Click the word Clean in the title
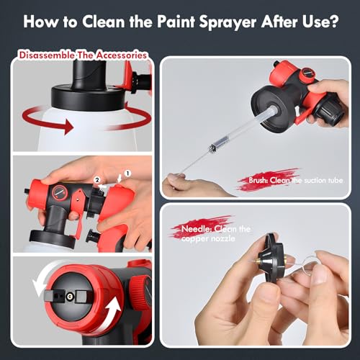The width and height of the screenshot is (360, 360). [x=103, y=22]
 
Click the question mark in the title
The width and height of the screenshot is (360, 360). [x=333, y=22]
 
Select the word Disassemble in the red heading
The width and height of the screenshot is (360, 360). [x=47, y=55]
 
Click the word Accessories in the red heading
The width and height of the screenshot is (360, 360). [x=121, y=55]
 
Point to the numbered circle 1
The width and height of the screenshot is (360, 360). [x=127, y=174]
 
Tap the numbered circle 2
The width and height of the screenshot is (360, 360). [x=97, y=180]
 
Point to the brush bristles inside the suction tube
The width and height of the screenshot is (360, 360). [x=213, y=148]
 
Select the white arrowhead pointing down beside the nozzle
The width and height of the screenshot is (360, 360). [x=39, y=288]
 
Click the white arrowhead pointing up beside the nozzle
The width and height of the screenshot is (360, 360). [x=114, y=305]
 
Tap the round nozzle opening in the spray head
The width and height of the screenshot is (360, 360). [x=70, y=297]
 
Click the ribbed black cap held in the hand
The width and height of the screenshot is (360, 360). [x=330, y=112]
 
